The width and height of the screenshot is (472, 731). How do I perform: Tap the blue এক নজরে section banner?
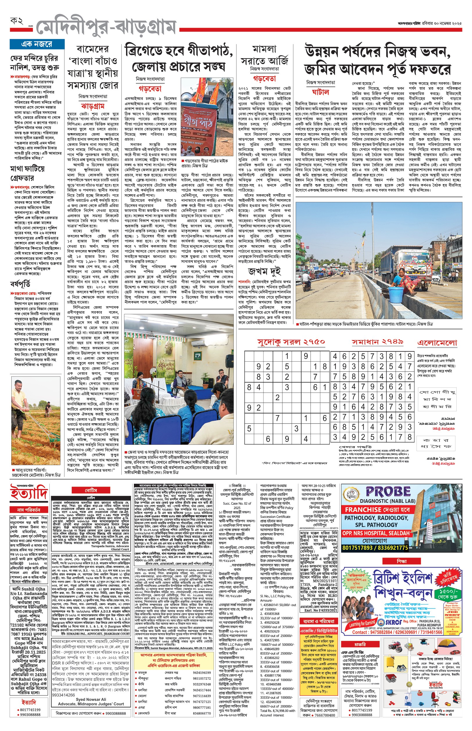pos(37,44)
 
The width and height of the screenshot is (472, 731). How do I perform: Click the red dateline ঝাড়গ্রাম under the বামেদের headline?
pos(93,106)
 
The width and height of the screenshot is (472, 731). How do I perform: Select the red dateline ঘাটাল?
pos(320,92)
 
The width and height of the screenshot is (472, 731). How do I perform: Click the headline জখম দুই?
pos(264,271)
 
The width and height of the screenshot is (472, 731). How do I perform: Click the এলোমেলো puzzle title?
pos(437,343)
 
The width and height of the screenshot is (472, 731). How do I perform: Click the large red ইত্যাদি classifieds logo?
pos(29,492)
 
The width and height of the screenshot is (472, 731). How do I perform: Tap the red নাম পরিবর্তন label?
pos(29,509)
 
